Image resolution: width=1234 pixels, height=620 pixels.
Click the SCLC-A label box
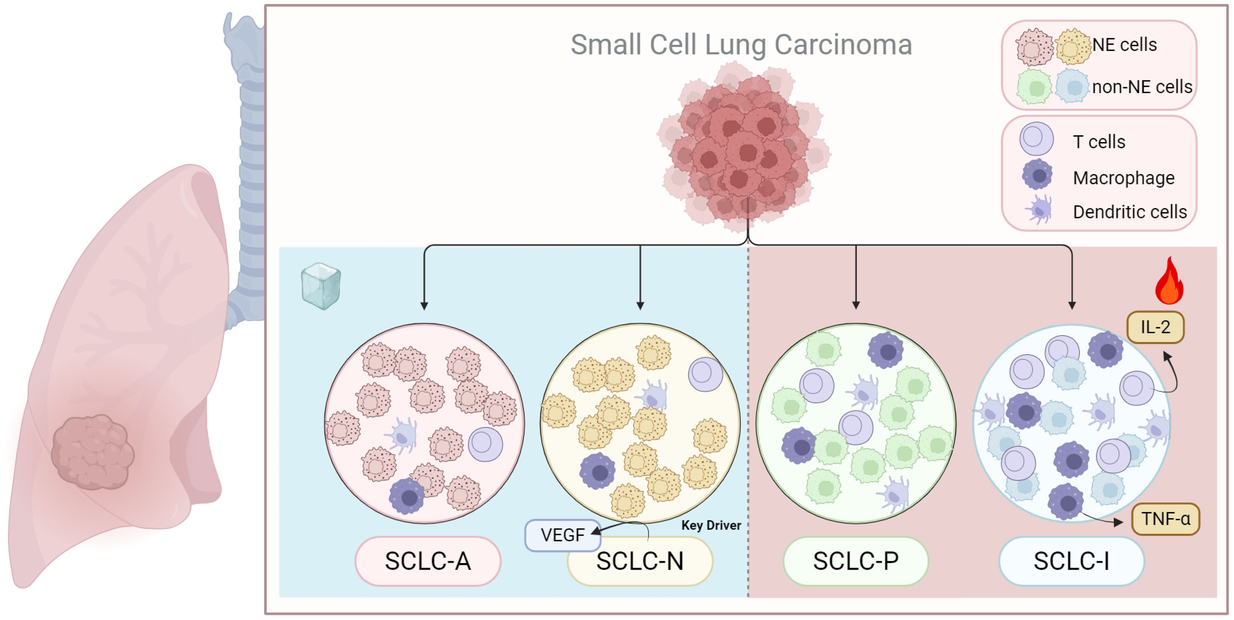(428, 561)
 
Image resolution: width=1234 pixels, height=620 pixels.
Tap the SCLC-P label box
(855, 561)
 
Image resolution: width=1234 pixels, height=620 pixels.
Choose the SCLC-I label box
(1072, 561)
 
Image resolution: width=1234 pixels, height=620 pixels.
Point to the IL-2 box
(1155, 327)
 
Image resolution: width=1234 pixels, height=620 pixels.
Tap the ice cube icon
(321, 286)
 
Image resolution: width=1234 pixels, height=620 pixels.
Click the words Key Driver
(711, 525)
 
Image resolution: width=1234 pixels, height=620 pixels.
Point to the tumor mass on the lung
(92, 452)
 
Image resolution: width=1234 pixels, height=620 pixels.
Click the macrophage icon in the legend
(1037, 175)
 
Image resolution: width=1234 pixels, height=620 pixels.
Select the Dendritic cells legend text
(1130, 212)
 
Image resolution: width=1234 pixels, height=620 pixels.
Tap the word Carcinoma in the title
(843, 45)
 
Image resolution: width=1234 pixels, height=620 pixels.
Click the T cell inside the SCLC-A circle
(485, 444)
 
